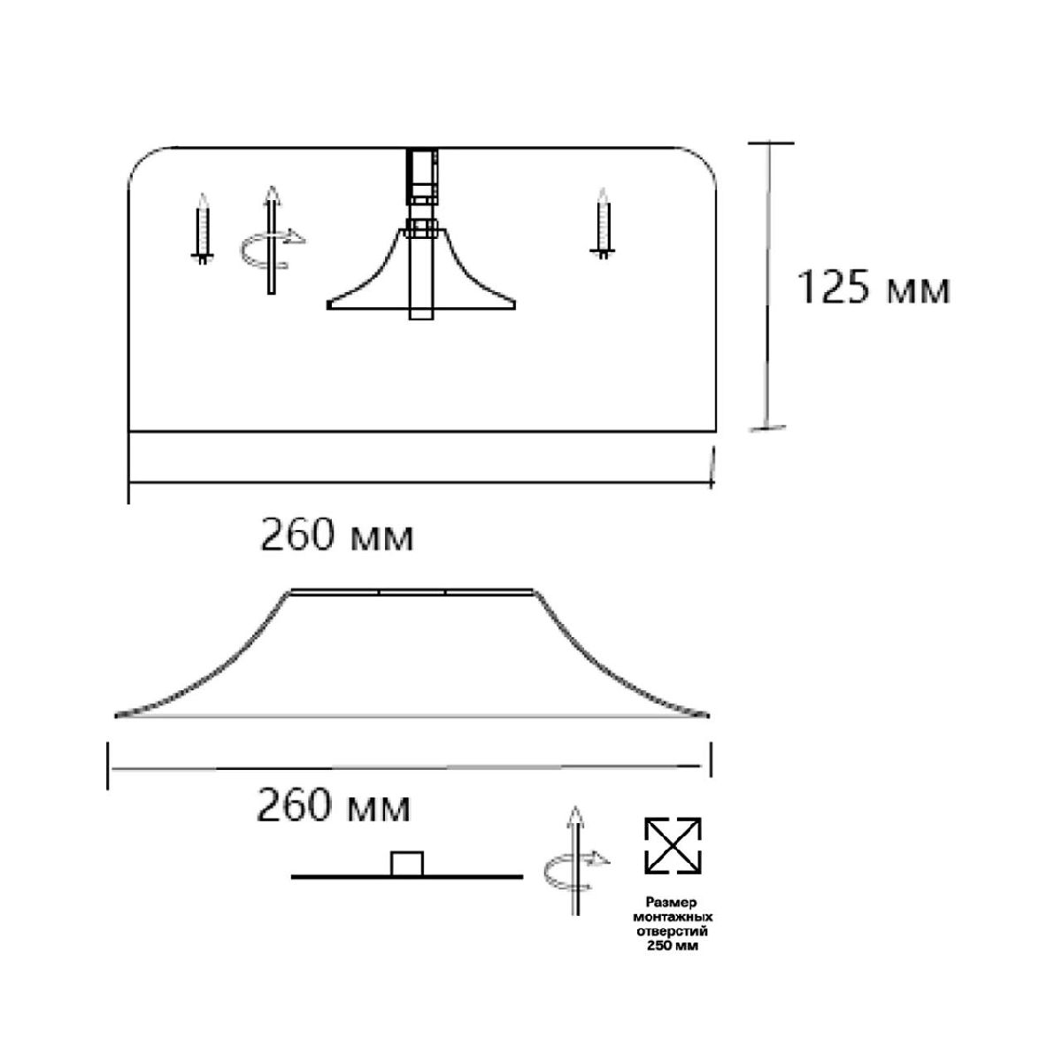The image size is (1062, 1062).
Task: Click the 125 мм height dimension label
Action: coord(873,288)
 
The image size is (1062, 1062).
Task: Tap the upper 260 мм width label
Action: coord(336,535)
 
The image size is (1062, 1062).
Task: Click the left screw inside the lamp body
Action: coord(203,228)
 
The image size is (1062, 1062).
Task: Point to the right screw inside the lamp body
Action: coord(603,224)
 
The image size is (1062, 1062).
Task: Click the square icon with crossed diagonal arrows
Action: coord(673,846)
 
